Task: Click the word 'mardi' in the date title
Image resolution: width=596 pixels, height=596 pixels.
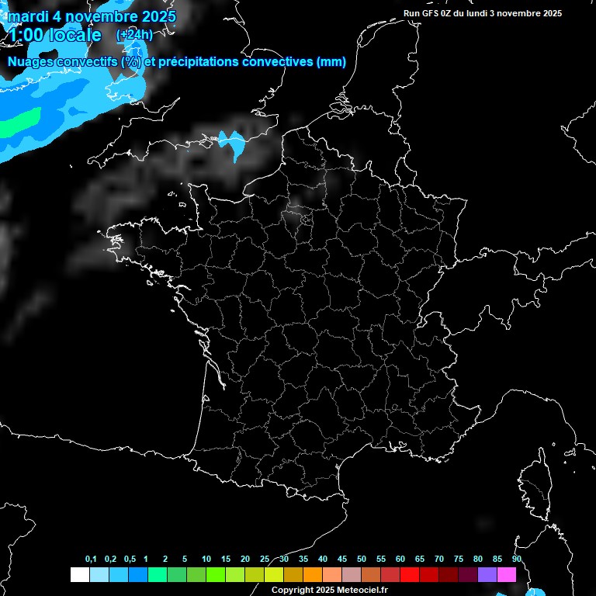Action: (x=27, y=16)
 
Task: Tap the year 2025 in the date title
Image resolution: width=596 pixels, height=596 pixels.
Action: (x=155, y=16)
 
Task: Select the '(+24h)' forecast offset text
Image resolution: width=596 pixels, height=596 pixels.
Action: (x=134, y=35)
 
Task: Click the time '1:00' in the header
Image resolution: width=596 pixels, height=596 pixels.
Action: (x=26, y=35)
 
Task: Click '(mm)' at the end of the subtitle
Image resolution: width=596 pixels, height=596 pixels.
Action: (x=332, y=62)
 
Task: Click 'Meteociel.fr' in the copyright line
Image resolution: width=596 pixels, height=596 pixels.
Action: (x=360, y=591)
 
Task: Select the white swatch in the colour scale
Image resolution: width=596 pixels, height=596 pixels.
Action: (x=79, y=574)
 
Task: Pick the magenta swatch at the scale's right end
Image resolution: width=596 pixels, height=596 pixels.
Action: (x=507, y=574)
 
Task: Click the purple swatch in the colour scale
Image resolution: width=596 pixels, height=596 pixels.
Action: (x=487, y=574)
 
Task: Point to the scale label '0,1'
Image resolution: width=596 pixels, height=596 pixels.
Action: (x=91, y=560)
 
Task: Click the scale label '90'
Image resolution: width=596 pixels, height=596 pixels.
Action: (x=516, y=560)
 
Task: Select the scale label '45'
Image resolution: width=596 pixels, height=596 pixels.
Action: (x=342, y=560)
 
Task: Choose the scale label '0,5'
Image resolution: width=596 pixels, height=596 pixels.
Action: (x=130, y=560)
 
